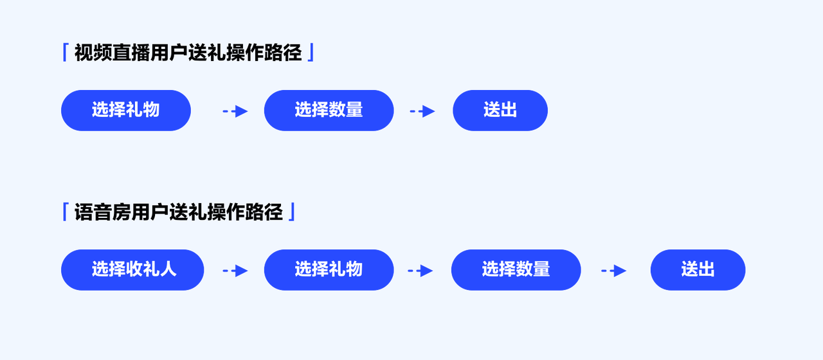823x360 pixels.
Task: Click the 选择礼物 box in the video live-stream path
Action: [126, 111]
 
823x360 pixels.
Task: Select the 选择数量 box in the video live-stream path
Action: [329, 111]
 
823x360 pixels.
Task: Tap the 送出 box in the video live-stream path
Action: [500, 111]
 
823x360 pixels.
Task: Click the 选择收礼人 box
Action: [133, 270]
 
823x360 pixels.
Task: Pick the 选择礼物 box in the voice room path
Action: [329, 270]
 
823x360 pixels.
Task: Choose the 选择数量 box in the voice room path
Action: [516, 270]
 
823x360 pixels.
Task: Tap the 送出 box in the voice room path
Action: [698, 270]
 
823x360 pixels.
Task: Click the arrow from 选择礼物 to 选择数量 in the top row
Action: [235, 111]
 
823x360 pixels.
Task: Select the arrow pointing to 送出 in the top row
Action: [422, 111]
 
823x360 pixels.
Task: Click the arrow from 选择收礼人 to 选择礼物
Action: [235, 271]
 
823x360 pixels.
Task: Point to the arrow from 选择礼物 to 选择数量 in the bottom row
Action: [421, 271]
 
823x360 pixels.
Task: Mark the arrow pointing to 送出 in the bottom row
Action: [614, 271]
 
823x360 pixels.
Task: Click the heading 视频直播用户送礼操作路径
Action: [188, 53]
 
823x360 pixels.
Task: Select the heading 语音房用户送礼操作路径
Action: [179, 212]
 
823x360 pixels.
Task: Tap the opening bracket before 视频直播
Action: [65, 52]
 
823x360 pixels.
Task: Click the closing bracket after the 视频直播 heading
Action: [311, 52]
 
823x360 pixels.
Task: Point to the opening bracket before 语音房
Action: [65, 212]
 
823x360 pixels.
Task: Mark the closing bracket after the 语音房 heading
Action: [292, 212]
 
